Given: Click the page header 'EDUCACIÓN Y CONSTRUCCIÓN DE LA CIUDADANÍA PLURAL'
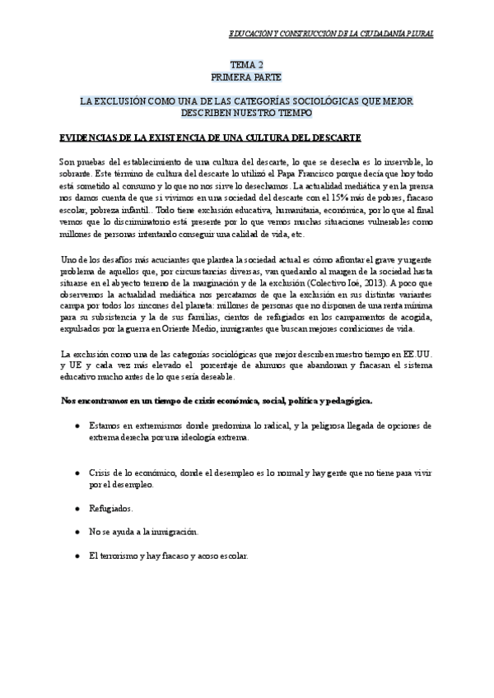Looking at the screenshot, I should pyautogui.click(x=330, y=34).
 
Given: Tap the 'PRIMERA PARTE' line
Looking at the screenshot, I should pyautogui.click(x=246, y=76).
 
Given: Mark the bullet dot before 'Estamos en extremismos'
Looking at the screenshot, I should pyautogui.click(x=77, y=426).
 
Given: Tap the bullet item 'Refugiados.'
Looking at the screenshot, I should pyautogui.click(x=112, y=509).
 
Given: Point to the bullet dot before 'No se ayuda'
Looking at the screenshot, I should pyautogui.click(x=77, y=532).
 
